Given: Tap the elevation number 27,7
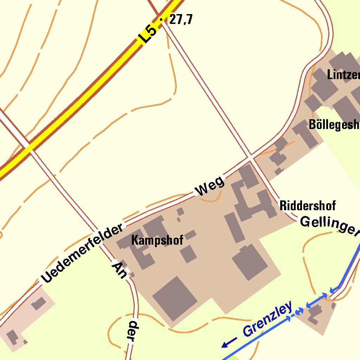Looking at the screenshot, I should click(x=181, y=20).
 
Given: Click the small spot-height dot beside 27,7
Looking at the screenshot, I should click(x=161, y=20).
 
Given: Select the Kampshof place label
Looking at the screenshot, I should click(x=157, y=240).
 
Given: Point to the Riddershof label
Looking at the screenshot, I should click(x=308, y=205).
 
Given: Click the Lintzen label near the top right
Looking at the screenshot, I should click(x=343, y=75).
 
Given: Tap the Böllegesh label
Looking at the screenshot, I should click(x=334, y=124).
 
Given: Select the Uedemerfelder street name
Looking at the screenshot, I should click(x=82, y=253).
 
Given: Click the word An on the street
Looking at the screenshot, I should click(x=119, y=270).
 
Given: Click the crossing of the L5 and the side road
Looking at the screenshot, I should click(x=29, y=147).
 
